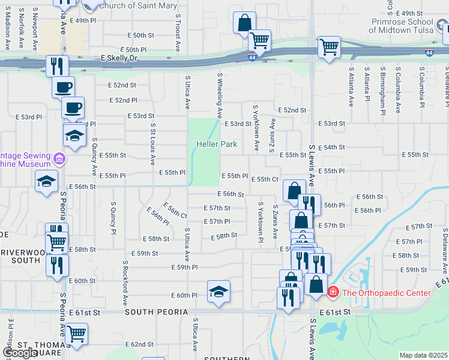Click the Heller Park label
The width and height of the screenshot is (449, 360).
(x=216, y=144)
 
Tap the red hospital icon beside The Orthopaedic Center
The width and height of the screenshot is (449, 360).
(x=333, y=293)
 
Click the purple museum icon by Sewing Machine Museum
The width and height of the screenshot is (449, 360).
(x=59, y=159)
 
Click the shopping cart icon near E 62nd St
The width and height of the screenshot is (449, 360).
(x=76, y=333)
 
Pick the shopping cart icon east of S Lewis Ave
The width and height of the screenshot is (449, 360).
(x=329, y=46)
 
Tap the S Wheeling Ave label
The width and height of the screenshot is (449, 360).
(x=220, y=95)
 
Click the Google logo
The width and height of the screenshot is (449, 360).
(x=20, y=353)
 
